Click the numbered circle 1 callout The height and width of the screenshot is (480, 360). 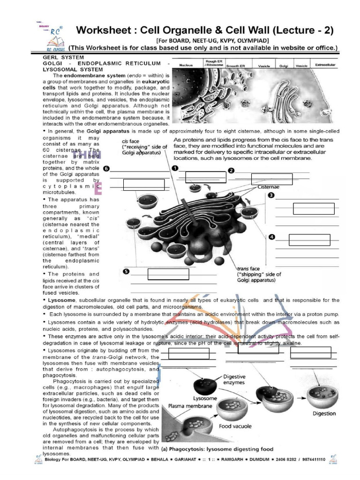pyautogui.click(x=175, y=168)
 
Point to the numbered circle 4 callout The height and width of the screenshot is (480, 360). pyautogui.click(x=272, y=237)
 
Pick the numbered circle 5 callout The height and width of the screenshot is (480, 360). pyautogui.click(x=126, y=271)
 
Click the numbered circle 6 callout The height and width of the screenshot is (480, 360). pyautogui.click(x=107, y=168)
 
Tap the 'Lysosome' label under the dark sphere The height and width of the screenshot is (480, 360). pyautogui.click(x=205, y=397)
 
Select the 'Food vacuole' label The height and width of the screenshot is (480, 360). pyautogui.click(x=235, y=426)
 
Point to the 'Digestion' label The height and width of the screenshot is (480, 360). pyautogui.click(x=324, y=413)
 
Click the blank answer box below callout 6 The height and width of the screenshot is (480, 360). pyautogui.click(x=143, y=185)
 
